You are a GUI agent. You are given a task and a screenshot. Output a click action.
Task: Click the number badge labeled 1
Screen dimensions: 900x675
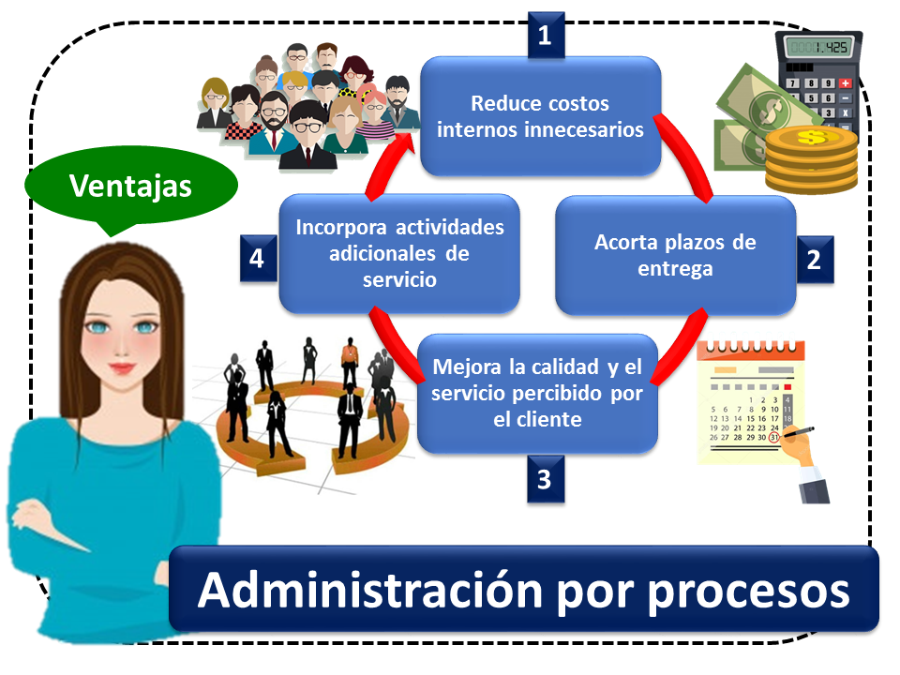546,36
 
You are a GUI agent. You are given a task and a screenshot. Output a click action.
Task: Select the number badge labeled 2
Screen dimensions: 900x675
815,260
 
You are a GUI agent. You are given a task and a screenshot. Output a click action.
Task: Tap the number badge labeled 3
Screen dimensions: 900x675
546,479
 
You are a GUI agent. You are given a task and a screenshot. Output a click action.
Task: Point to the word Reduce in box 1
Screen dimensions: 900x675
498,103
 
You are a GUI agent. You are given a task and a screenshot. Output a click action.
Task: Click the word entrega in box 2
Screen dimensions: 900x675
676,270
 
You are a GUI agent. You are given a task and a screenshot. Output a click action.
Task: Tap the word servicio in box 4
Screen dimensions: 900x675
399,279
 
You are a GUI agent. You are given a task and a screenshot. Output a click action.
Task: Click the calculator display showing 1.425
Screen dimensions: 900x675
818,47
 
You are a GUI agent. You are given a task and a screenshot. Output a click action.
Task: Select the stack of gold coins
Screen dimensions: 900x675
811,160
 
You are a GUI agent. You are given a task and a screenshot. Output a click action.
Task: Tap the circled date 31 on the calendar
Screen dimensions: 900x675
774,438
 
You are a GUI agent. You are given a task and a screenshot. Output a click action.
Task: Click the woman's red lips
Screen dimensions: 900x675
122,367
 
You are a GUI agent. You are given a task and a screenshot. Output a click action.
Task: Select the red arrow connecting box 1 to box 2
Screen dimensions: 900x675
685,157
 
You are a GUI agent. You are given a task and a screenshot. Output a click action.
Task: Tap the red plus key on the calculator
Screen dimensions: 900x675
845,83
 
